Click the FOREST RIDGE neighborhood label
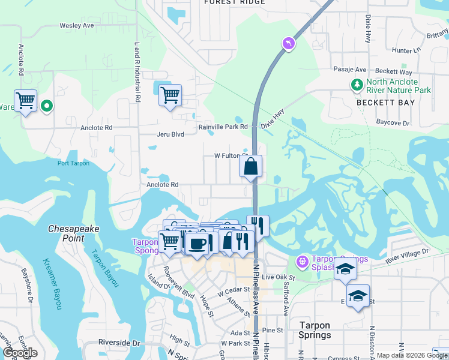(x=234, y=2)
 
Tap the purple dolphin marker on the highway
(x=289, y=43)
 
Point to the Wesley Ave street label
(x=77, y=26)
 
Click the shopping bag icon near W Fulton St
(x=250, y=166)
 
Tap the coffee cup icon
(x=197, y=242)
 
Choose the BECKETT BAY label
(x=385, y=103)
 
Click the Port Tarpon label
(x=73, y=163)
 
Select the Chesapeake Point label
(x=74, y=233)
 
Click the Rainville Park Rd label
(x=223, y=127)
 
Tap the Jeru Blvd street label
(x=170, y=134)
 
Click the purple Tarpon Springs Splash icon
(x=302, y=262)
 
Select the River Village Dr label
(x=408, y=254)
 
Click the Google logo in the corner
(x=20, y=353)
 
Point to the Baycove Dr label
(x=393, y=123)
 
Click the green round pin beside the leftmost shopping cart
(x=47, y=106)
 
